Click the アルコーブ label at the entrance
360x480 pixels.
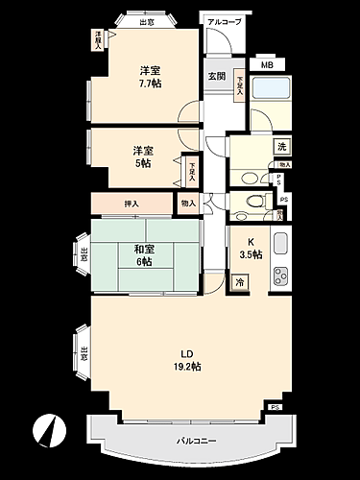pos(224,20)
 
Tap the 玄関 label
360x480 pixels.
pos(216,76)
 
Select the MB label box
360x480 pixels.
pos(266,64)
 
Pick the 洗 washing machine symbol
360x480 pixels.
pos(282,147)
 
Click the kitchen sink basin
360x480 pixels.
pos(280,244)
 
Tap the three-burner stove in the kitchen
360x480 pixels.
pos(280,276)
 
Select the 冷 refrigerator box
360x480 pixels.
pos(239,283)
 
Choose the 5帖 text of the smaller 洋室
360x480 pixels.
pos(142,163)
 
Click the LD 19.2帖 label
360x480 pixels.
pos(186,360)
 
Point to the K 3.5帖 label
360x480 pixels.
pos(250,248)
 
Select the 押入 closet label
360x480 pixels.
pos(132,204)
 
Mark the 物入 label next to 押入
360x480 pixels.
pos(187,203)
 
